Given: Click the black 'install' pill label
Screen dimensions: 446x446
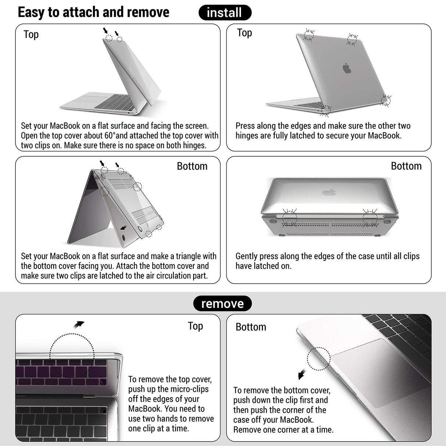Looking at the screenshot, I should tap(224, 13).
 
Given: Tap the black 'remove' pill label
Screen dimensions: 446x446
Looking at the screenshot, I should tap(222, 303).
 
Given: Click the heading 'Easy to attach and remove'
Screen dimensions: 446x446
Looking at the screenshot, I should tap(93, 12).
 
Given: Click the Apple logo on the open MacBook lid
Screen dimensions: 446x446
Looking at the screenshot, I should tap(347, 68).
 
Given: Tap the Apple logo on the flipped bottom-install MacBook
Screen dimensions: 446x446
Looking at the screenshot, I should tap(329, 192).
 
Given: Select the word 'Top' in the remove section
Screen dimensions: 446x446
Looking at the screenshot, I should tap(195, 326).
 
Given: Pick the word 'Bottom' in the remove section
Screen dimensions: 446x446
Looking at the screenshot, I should tap(251, 327).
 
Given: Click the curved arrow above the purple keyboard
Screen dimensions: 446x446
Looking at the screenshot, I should tap(78, 324).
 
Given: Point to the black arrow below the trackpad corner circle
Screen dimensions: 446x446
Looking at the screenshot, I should tap(302, 374).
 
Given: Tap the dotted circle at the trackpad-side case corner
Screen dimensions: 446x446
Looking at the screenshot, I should tap(319, 359).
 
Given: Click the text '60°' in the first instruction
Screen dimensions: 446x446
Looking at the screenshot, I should tap(110, 136).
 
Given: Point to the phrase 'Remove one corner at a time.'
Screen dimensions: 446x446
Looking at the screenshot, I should tap(283, 429).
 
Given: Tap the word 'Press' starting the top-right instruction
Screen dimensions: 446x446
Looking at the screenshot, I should tap(245, 126).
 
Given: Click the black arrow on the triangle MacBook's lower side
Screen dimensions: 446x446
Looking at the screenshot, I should tap(124, 228).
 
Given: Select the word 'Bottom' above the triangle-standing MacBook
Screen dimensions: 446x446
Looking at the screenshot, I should tap(192, 166).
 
